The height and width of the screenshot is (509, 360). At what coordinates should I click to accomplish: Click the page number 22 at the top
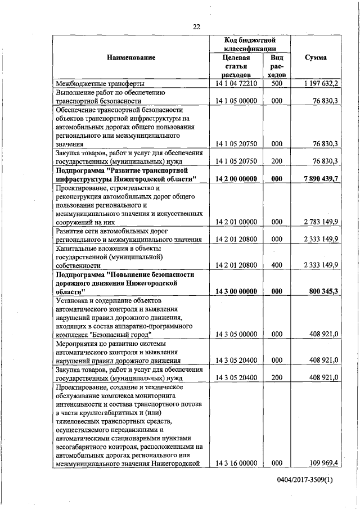(196, 26)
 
